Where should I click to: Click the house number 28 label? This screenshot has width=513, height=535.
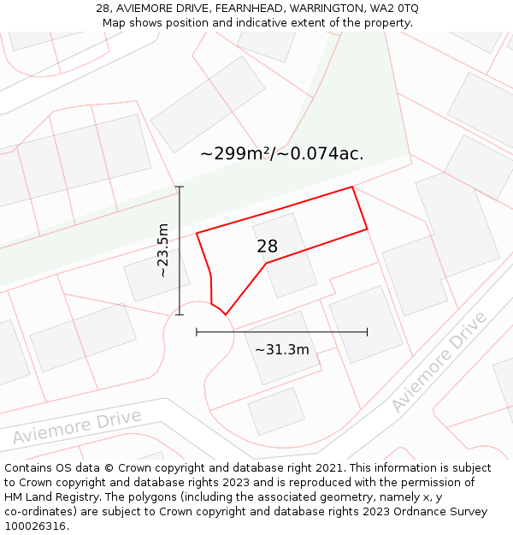[x=268, y=247]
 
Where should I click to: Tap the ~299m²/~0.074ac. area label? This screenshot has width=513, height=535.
[x=282, y=154]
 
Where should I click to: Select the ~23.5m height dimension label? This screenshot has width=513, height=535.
[x=162, y=251]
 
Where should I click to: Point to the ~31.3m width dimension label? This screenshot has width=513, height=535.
[x=282, y=349]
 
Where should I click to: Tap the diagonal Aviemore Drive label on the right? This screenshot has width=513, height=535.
[x=439, y=362]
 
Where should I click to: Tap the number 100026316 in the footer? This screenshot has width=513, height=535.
[x=35, y=526]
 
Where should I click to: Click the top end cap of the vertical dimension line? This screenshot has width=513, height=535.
[x=180, y=187]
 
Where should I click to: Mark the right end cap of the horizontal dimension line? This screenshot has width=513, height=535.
[x=368, y=331]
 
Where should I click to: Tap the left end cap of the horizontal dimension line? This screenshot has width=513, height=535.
[x=197, y=331]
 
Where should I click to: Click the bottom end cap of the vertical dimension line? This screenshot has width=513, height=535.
[x=180, y=314]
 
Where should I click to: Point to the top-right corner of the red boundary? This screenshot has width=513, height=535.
[x=352, y=187]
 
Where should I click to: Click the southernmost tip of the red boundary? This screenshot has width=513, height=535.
[x=226, y=314]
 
